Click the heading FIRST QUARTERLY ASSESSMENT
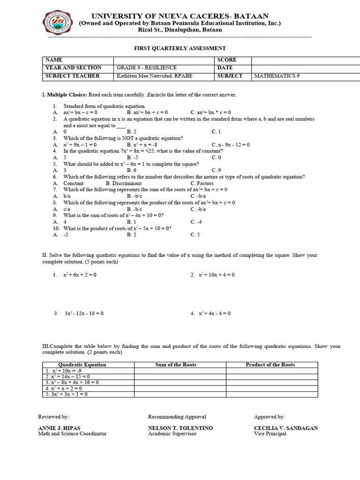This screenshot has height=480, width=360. [x=180, y=48]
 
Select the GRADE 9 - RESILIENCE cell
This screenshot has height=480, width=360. [x=146, y=67]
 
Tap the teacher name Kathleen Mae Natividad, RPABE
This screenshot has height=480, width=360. [x=154, y=75]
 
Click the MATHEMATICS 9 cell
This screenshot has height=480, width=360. [x=277, y=75]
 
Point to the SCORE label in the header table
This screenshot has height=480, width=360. [x=227, y=60]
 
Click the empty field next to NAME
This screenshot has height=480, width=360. [x=164, y=60]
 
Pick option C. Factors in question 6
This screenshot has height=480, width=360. [x=202, y=183]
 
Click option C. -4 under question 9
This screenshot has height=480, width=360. [x=196, y=222]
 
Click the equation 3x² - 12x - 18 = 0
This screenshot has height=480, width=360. [x=84, y=313]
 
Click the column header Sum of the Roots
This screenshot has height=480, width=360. [x=176, y=364]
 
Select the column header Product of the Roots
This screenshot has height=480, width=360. [x=270, y=364]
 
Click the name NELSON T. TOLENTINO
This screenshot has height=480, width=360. [x=180, y=428]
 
